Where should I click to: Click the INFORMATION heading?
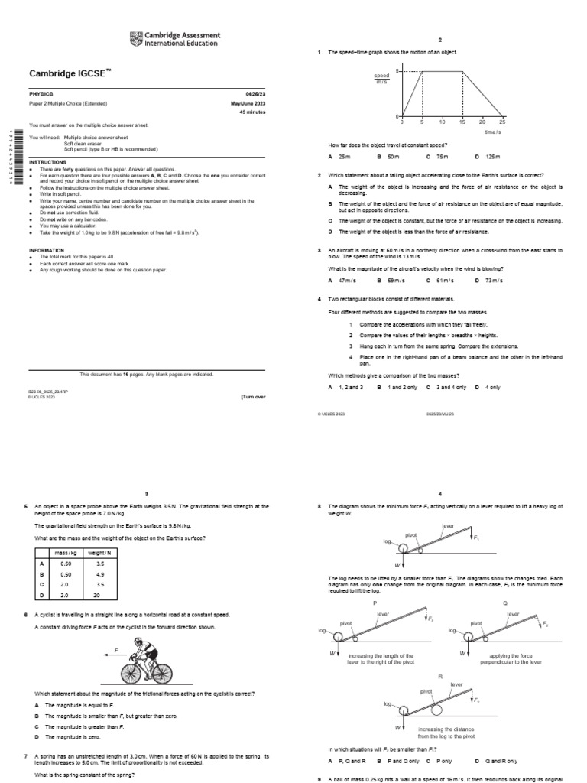47,250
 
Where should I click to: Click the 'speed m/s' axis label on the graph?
381,80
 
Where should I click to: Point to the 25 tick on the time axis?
502,122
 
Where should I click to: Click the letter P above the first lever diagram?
375,603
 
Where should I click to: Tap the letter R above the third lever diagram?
440,677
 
